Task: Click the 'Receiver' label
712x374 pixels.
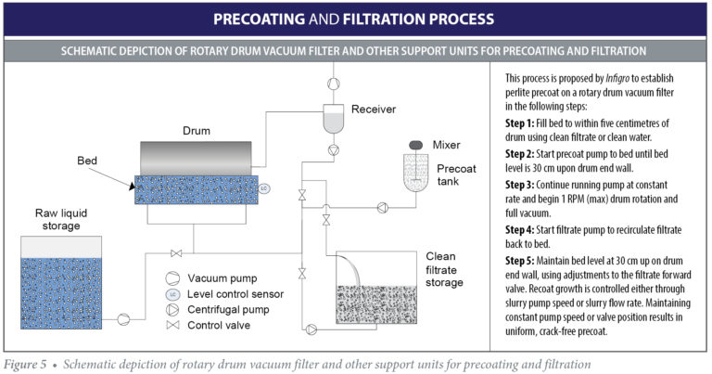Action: click(x=374, y=110)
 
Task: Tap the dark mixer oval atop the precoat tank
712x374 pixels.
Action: click(x=416, y=145)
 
